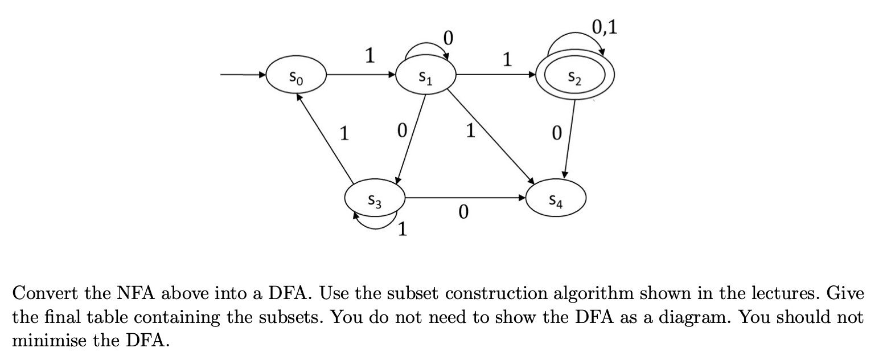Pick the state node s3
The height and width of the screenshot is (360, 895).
click(375, 199)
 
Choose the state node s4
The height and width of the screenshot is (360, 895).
click(556, 199)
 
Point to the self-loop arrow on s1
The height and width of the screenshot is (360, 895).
click(426, 47)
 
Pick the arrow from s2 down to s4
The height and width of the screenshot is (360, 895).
click(569, 137)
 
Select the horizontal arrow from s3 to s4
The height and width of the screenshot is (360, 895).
click(464, 198)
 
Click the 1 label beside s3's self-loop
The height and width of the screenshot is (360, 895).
click(402, 230)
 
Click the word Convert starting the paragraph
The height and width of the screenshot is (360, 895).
click(44, 294)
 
